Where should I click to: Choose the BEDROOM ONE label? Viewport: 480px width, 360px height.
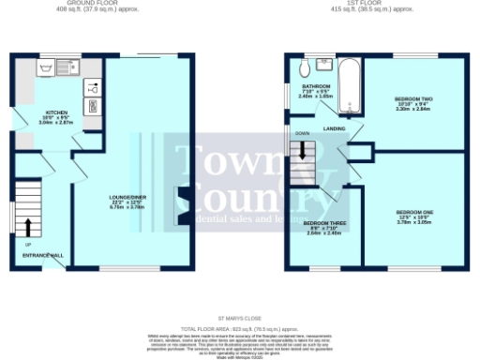[x=413, y=214]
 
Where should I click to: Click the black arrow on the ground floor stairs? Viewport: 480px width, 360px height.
[x=27, y=226]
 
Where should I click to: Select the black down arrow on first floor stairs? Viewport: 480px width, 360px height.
[x=306, y=150]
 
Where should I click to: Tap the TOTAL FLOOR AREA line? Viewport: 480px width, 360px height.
[x=240, y=327]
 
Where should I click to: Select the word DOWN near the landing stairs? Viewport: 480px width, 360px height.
[x=303, y=134]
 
